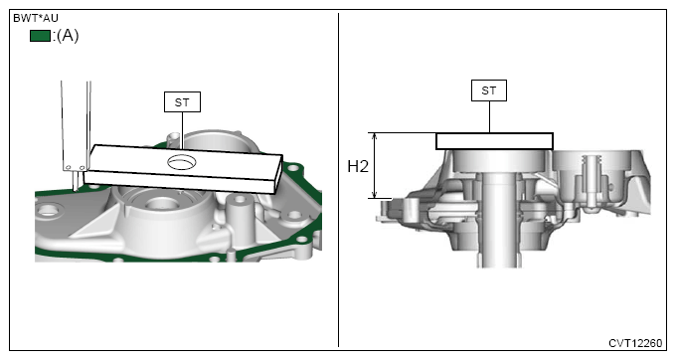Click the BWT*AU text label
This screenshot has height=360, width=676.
pyautogui.click(x=36, y=18)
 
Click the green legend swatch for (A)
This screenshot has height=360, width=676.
pyautogui.click(x=40, y=36)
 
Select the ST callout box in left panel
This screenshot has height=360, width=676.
pyautogui.click(x=182, y=102)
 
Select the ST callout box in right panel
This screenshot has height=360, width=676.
pyautogui.click(x=489, y=90)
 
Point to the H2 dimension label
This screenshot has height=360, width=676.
pyautogui.click(x=358, y=166)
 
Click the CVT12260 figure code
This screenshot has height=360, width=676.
pyautogui.click(x=635, y=343)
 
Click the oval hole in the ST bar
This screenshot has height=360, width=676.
pyautogui.click(x=182, y=162)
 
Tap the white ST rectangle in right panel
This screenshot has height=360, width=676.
pyautogui.click(x=494, y=141)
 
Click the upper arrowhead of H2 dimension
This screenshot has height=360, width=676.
pyautogui.click(x=375, y=136)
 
